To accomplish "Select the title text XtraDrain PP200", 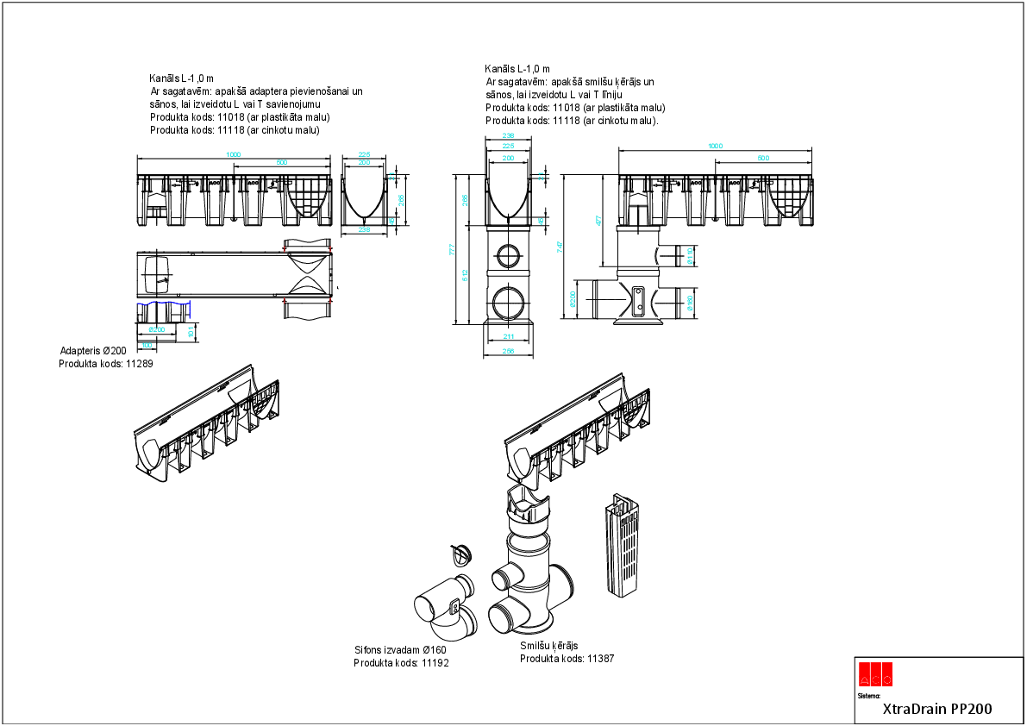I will (937, 710).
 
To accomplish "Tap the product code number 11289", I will (146, 365).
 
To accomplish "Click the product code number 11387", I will (600, 659).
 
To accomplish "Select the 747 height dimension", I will (562, 246).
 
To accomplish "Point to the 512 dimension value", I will (465, 275).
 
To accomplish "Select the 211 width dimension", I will (508, 337).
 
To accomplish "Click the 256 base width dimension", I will (508, 352).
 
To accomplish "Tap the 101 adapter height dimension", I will (191, 331).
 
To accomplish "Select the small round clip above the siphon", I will (461, 553).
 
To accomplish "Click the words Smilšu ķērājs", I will (548, 646).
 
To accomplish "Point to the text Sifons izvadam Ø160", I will (400, 650).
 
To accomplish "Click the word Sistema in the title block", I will (869, 694).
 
